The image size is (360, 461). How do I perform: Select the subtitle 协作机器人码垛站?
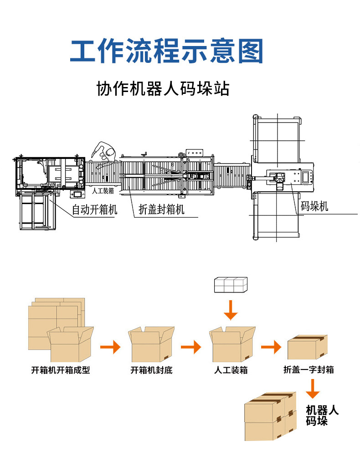click(163, 88)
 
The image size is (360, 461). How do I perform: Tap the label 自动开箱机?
click(95, 210)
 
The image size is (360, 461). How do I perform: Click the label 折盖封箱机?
click(162, 210)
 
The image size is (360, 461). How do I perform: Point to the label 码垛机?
click(314, 206)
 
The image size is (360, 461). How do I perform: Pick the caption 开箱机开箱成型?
click(61, 370)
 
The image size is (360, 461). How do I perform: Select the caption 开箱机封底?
click(152, 370)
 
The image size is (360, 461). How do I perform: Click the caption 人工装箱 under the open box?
click(231, 370)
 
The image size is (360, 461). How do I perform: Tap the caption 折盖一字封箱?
click(309, 370)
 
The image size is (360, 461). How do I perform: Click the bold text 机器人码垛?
click(322, 415)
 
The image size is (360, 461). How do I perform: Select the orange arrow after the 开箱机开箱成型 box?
click(110, 348)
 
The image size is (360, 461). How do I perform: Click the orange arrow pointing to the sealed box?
click(271, 348)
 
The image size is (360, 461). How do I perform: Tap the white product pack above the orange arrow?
click(231, 285)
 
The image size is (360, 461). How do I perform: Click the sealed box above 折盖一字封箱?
click(308, 347)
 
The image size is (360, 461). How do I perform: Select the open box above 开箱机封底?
click(151, 344)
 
